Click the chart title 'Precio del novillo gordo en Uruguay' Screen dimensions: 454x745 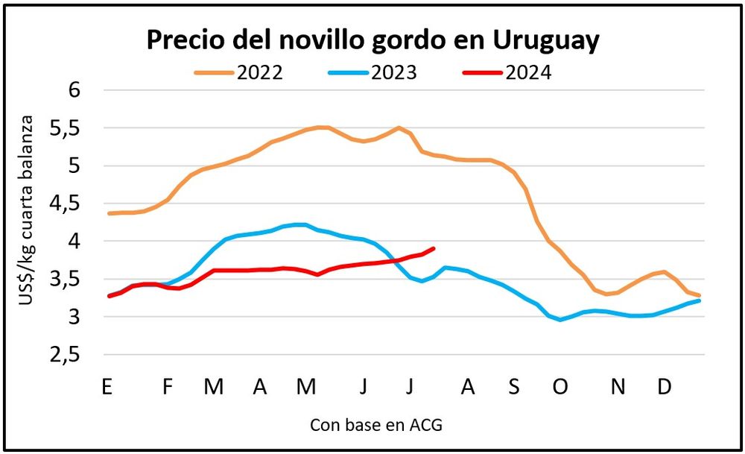pos(372,40)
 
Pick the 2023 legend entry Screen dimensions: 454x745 pos(372,72)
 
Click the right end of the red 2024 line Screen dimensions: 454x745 pos(434,248)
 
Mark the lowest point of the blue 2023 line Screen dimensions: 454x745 pos(560,320)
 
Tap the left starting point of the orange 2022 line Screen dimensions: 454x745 pos(110,213)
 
